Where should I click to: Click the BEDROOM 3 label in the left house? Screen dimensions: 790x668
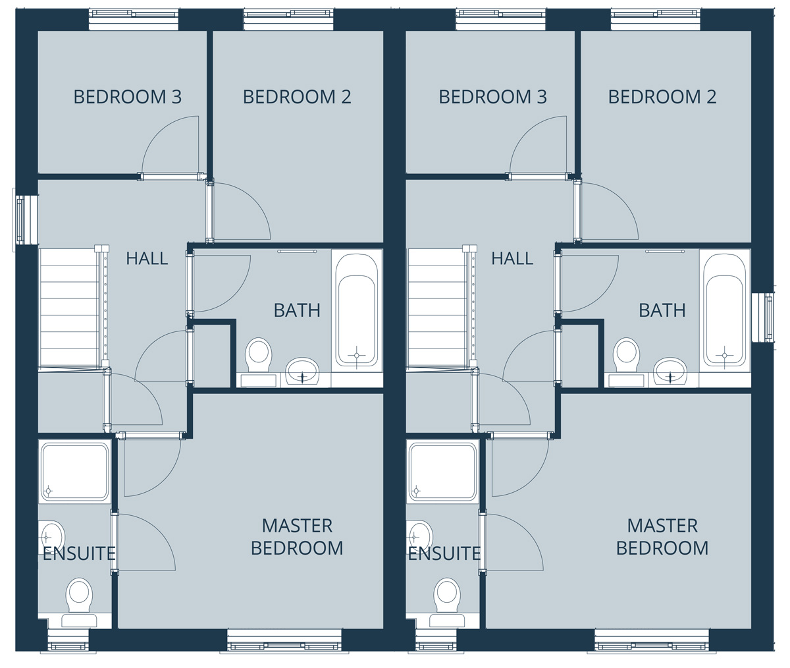click(128, 97)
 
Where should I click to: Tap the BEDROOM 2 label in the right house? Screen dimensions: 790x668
click(662, 97)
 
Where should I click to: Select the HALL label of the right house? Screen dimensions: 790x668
click(512, 259)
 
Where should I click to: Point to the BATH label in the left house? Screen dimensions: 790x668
click(297, 310)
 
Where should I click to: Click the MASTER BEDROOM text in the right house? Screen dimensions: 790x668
click(662, 537)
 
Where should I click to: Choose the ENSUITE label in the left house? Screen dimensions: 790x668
click(79, 553)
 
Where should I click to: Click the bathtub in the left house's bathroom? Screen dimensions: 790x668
click(357, 310)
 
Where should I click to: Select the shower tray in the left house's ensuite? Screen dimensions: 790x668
click(74, 471)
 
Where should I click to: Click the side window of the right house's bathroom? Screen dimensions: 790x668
click(768, 318)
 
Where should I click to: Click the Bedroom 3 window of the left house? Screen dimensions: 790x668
click(134, 20)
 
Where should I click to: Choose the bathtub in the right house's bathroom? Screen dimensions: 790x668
click(725, 310)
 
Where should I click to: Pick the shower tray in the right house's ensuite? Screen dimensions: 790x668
click(442, 471)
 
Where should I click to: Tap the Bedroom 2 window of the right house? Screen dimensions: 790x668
click(656, 20)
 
